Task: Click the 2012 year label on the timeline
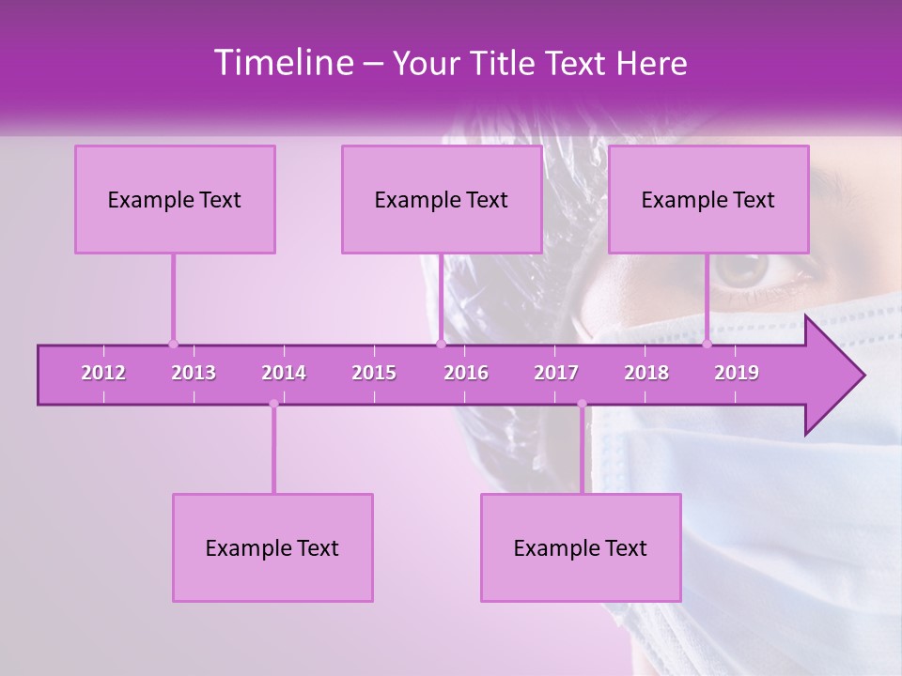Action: (103, 373)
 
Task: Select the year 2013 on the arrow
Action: (194, 373)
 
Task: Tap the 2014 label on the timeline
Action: (284, 373)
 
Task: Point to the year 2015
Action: (374, 373)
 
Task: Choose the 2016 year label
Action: (466, 373)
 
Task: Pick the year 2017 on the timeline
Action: (556, 373)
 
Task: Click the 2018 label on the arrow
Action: (646, 373)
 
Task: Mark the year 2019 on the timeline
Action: (737, 373)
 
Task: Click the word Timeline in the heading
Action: (283, 63)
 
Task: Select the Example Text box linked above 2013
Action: (175, 199)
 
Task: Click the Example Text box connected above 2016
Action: (442, 199)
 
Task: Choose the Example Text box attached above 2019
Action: (708, 199)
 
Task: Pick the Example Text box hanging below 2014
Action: (272, 547)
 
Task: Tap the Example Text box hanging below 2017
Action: (581, 547)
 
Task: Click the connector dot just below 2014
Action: (273, 404)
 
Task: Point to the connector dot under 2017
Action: (582, 404)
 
